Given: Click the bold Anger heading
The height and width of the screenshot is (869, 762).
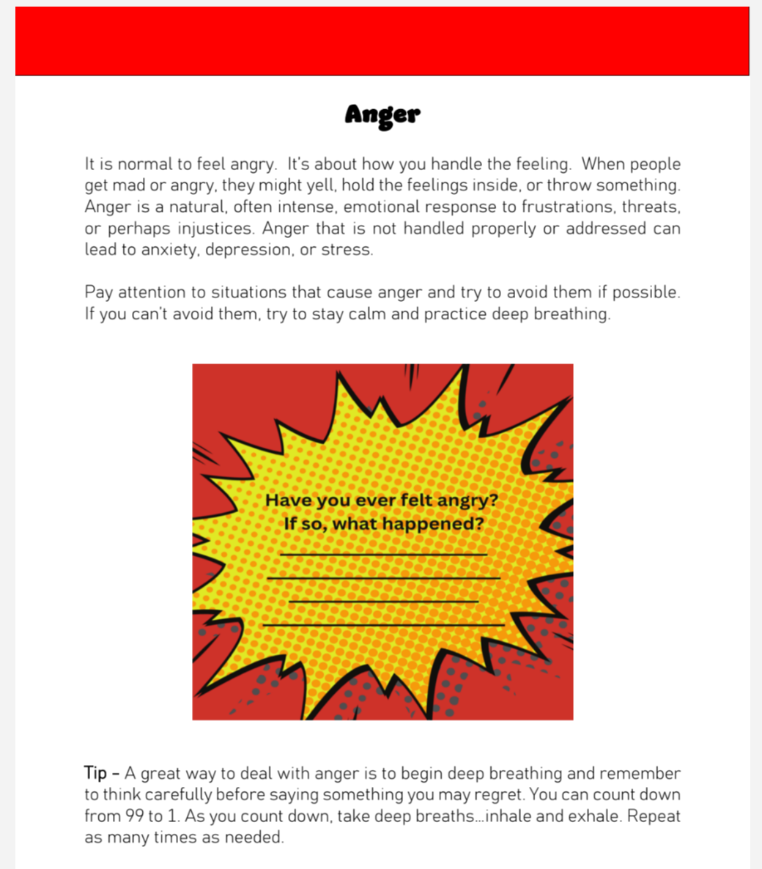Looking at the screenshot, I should click(382, 115).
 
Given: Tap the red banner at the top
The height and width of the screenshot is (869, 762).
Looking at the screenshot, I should click(382, 41).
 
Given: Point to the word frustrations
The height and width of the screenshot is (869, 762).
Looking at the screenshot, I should click(568, 207).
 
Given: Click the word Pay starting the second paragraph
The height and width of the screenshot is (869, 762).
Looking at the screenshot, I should click(98, 292).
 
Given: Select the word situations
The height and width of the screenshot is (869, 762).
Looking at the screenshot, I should click(248, 292).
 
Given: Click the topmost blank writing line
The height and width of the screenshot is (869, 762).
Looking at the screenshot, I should click(383, 555).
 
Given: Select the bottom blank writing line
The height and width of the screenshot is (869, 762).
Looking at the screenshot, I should click(383, 625).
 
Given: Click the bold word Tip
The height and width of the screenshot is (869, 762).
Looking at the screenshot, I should click(95, 774).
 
